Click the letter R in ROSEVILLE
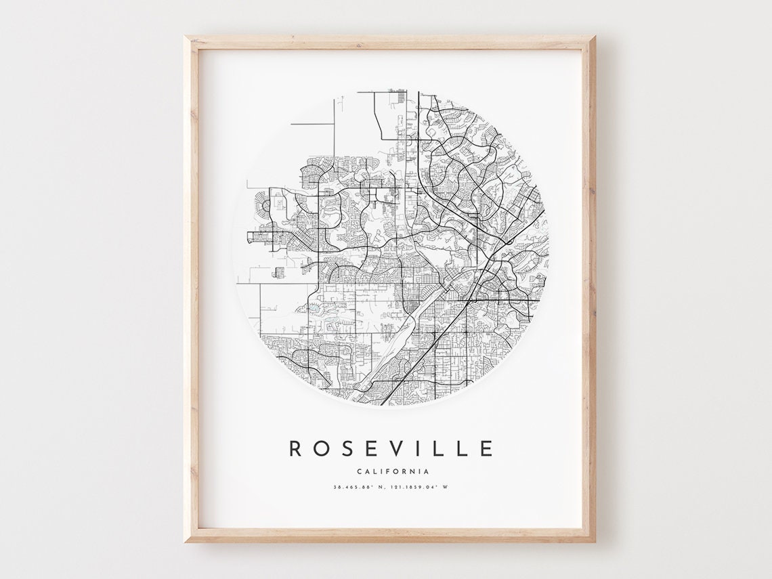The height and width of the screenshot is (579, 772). pos(296,448)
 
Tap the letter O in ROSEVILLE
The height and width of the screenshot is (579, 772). pos(322,448)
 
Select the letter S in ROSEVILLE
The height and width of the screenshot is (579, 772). pos(347,448)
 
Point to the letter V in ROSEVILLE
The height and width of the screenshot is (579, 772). pos(398,448)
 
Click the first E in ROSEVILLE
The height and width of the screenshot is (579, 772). pos(372,448)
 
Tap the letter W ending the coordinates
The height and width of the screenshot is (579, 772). pos(446,487)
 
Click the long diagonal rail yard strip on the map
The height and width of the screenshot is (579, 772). pos(406,339)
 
